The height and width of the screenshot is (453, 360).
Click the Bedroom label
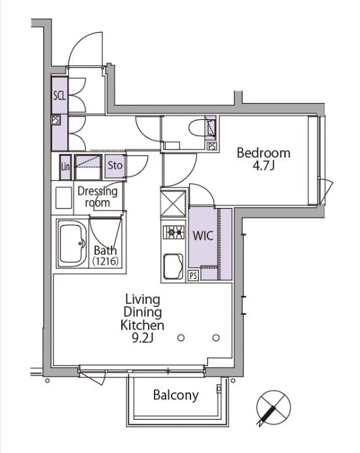click(x=263, y=153)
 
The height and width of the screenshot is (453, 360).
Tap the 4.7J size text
click(x=263, y=166)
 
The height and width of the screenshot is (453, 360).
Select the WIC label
click(x=203, y=236)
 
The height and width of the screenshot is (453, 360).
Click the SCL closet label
click(x=59, y=96)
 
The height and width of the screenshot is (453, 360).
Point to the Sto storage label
click(x=115, y=166)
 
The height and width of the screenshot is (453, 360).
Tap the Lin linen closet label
click(x=65, y=167)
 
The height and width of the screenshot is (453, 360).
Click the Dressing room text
click(x=97, y=197)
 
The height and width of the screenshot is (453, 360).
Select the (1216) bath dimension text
click(x=106, y=261)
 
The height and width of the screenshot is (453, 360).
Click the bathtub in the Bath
click(x=72, y=244)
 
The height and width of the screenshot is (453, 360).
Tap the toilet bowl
click(x=196, y=127)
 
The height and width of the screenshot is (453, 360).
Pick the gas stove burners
click(x=173, y=232)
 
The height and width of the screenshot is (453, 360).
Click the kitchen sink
click(x=173, y=267)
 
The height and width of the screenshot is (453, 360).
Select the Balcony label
click(x=176, y=395)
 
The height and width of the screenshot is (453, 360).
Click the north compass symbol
click(x=273, y=407)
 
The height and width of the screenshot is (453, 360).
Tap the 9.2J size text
click(x=142, y=338)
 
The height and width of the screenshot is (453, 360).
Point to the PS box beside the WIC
click(x=193, y=276)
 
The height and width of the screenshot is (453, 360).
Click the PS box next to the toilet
click(x=212, y=147)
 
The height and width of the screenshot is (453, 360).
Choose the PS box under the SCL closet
click(x=55, y=120)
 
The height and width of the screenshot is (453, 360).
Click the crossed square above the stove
click(x=173, y=203)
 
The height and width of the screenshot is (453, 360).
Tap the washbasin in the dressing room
click(x=64, y=198)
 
